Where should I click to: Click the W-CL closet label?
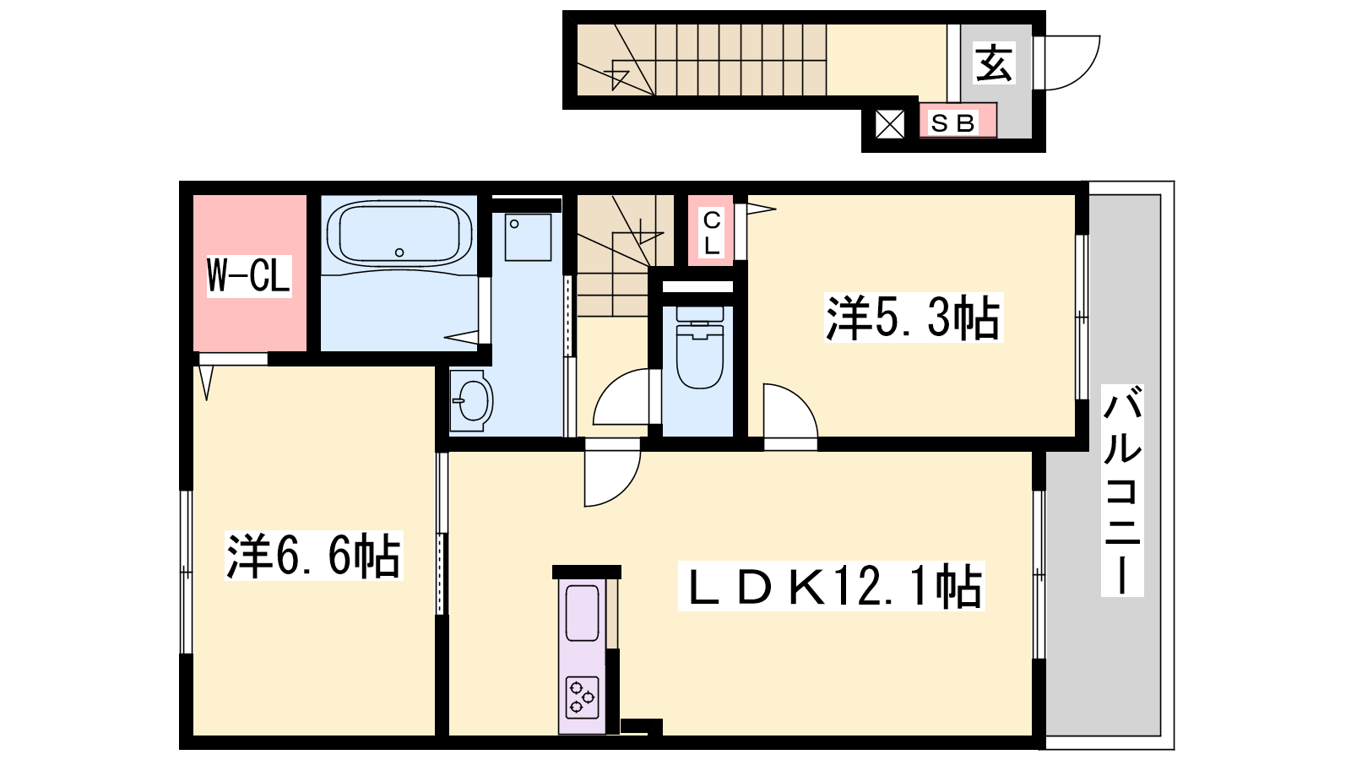click(249, 275)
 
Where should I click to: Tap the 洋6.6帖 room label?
click(313, 556)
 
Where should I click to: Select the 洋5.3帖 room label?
click(914, 318)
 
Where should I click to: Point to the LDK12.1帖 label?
click(831, 586)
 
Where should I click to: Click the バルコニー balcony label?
click(1122, 491)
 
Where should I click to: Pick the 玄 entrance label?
click(993, 62)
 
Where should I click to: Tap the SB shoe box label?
click(953, 123)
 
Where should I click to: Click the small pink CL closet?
click(711, 231)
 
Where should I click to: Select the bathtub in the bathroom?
click(399, 233)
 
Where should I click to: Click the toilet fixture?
click(700, 347)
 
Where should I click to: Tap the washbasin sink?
click(472, 400)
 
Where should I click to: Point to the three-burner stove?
click(582, 698)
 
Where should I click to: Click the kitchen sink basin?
click(582, 612)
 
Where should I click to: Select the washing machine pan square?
click(528, 237)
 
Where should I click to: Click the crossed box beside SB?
click(890, 124)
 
